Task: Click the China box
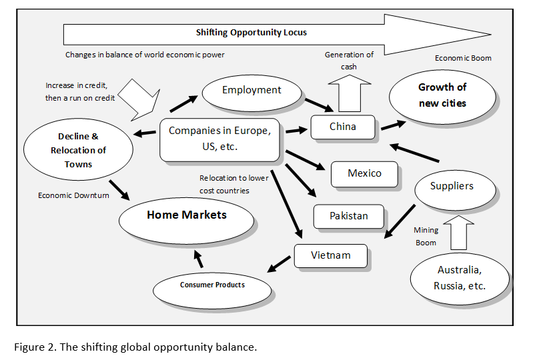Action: (x=343, y=127)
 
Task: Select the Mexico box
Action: (x=364, y=173)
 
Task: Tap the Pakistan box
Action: (x=349, y=216)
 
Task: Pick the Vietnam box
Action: (x=331, y=255)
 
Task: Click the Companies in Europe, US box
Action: (x=219, y=139)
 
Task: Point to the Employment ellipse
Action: (x=251, y=91)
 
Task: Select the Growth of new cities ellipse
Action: (x=442, y=95)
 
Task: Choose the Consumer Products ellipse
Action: (x=212, y=285)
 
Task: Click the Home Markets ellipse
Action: (x=187, y=215)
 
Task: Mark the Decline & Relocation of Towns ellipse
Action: (x=78, y=150)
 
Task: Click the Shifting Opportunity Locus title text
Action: (x=251, y=32)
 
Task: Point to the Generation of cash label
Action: (x=349, y=60)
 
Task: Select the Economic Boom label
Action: (x=463, y=58)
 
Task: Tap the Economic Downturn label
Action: (x=73, y=195)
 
